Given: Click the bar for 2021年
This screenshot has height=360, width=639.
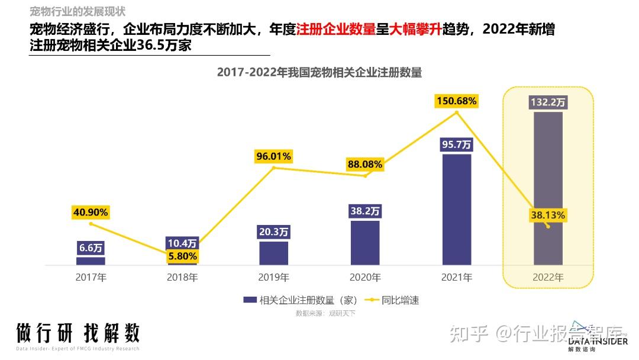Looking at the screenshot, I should coord(456,209).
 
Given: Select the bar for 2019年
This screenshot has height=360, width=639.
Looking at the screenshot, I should coord(273,253).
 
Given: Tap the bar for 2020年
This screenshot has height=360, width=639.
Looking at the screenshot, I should coord(365,243).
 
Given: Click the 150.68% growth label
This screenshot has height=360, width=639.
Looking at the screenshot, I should coord(456,101).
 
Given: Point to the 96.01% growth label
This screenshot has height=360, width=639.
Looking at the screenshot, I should coord(273,156).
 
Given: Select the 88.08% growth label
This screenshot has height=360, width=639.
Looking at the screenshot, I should coord(365,164).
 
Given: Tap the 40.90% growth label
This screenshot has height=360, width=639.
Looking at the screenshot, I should coord(91,212).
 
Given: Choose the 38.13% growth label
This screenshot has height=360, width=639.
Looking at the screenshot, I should coord(548,216).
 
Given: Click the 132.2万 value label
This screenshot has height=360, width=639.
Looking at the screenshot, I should coord(548,102).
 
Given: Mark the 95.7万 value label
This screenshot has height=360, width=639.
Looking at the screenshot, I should coord(456,144).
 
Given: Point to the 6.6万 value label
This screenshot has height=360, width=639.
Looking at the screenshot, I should coord(91,248).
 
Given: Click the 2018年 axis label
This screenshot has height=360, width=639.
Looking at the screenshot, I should coord(182,277).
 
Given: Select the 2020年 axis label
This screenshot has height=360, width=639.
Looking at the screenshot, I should coord(365,277).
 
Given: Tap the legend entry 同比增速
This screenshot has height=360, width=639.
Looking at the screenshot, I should coord(401,300).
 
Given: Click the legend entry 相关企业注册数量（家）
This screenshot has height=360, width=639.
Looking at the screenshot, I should coord(304,300).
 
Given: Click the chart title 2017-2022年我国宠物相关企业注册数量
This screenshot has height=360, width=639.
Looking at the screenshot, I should coord(319,72).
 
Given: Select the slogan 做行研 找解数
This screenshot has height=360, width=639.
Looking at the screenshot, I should coord(78,333).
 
